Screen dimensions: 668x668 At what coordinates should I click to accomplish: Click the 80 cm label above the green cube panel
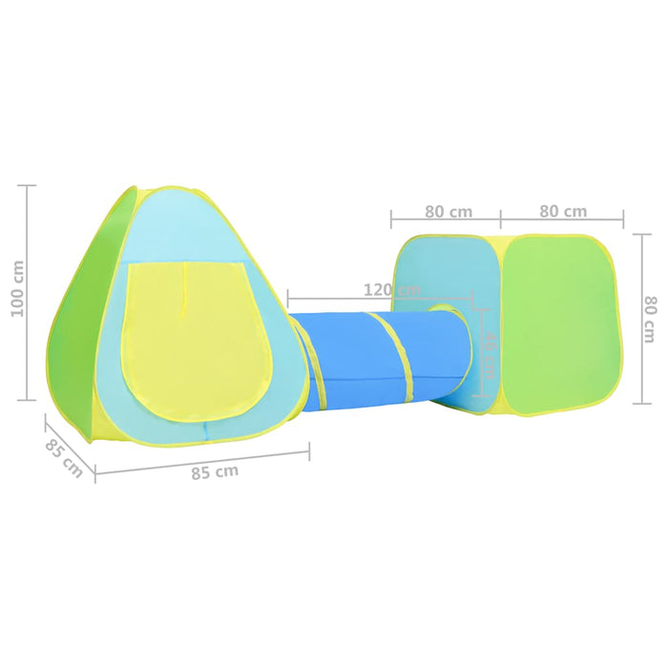(x=562, y=211)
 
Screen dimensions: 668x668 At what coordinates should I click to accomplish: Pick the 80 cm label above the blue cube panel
(x=448, y=211)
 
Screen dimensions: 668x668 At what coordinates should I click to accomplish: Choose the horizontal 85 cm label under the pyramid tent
(x=214, y=471)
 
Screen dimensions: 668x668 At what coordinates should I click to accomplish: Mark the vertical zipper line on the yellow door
(x=185, y=286)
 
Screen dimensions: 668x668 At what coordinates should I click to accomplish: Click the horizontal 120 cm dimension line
(x=382, y=298)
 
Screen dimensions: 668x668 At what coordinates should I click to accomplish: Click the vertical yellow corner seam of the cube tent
(x=500, y=324)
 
